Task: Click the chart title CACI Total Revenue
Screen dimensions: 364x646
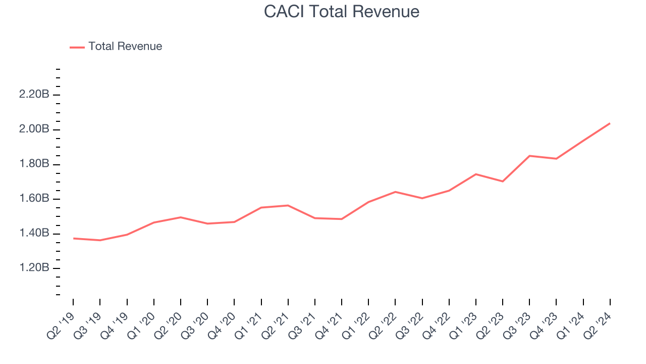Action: tap(342, 12)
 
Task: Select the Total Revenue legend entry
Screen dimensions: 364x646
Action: tap(125, 47)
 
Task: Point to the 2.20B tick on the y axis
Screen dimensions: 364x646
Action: tap(34, 95)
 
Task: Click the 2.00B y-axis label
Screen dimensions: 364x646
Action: tap(34, 129)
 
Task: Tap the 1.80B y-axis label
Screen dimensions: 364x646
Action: tap(34, 164)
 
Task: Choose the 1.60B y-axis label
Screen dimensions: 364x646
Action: tap(34, 199)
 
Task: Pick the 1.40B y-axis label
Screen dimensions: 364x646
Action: tap(34, 234)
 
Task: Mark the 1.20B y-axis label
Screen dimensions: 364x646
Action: tap(34, 268)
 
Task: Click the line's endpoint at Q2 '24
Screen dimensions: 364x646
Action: tap(610, 123)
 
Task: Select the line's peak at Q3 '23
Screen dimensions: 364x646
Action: tap(529, 156)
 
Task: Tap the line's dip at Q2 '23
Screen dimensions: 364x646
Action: tap(503, 181)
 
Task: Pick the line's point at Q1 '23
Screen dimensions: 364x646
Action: tap(476, 174)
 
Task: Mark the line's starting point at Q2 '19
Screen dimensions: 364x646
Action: tap(73, 238)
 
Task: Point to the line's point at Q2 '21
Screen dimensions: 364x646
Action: tap(288, 205)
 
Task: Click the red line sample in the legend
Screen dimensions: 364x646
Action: tap(77, 47)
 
